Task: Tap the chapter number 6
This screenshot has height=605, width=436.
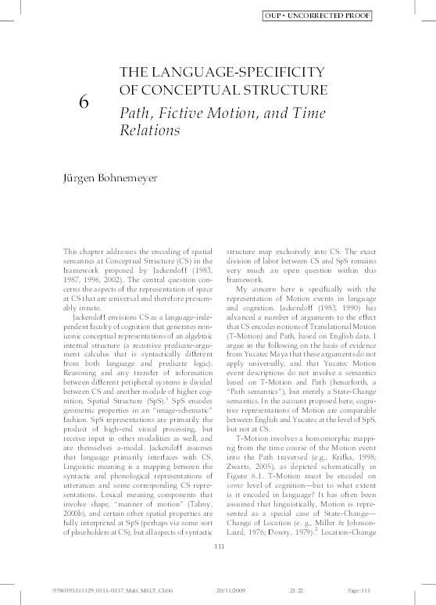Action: tap(84, 102)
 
